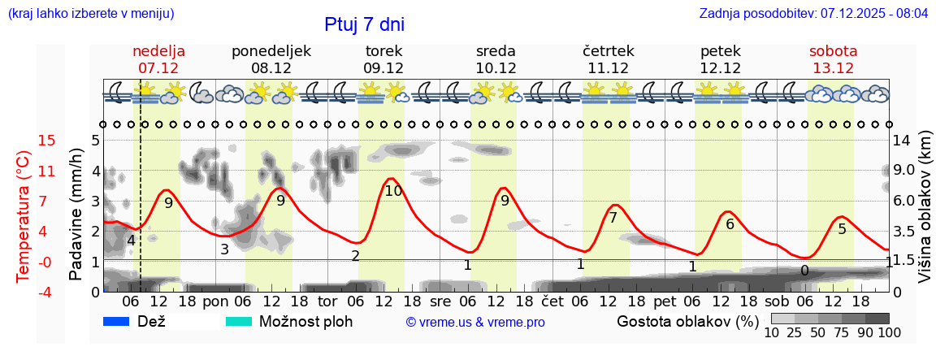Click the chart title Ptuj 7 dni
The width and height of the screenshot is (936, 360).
pyautogui.click(x=364, y=24)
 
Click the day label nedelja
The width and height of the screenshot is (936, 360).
pyautogui.click(x=159, y=51)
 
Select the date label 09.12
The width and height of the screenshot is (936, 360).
pyautogui.click(x=383, y=68)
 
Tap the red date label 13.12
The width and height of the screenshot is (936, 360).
pyautogui.click(x=833, y=68)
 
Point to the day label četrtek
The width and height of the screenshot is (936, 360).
pyautogui.click(x=608, y=51)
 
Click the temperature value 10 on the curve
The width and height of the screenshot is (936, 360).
pyautogui.click(x=393, y=191)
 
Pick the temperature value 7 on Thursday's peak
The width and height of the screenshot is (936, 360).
pyautogui.click(x=613, y=218)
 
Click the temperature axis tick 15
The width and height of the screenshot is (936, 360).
pyautogui.click(x=24, y=141)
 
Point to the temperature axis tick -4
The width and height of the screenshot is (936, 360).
pyautogui.click(x=24, y=292)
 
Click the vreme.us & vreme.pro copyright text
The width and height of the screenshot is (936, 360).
pyautogui.click(x=475, y=322)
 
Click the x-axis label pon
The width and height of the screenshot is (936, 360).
pyautogui.click(x=215, y=301)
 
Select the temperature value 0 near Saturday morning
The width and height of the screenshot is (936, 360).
pyautogui.click(x=804, y=271)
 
